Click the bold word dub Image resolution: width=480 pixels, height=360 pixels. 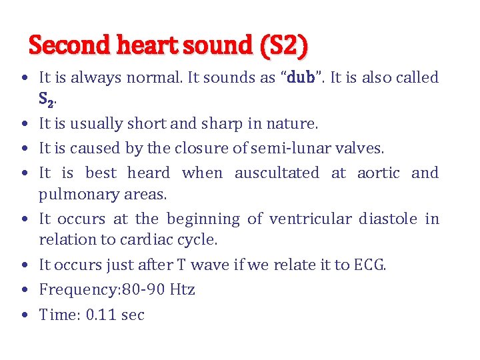click(x=299, y=77)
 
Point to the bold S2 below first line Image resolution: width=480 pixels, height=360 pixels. click(x=46, y=100)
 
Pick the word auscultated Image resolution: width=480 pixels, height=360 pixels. click(x=277, y=173)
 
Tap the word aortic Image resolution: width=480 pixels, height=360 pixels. click(x=378, y=173)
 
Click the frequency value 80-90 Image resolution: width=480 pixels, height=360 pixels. click(x=137, y=289)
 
